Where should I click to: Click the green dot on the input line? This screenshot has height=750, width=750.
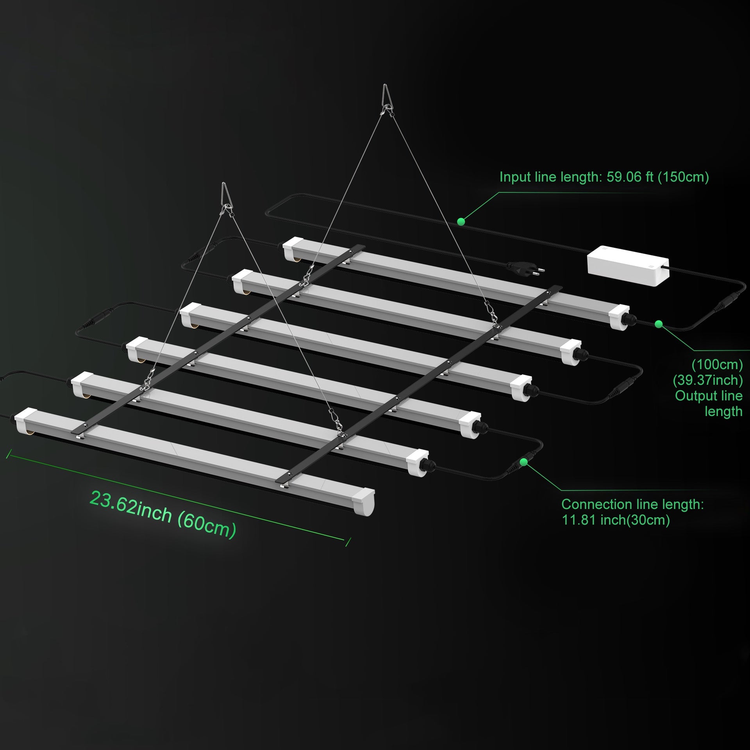point(461,221)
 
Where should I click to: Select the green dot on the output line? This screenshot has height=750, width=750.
point(659,324)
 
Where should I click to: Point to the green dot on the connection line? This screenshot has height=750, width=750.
point(524,462)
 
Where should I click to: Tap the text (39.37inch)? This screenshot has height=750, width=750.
point(708,380)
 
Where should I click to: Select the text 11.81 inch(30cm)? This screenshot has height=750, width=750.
point(616,520)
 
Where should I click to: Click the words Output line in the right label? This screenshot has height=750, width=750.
point(709,396)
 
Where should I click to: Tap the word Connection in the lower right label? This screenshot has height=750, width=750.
point(593,504)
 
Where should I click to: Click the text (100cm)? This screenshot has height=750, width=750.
point(717,364)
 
